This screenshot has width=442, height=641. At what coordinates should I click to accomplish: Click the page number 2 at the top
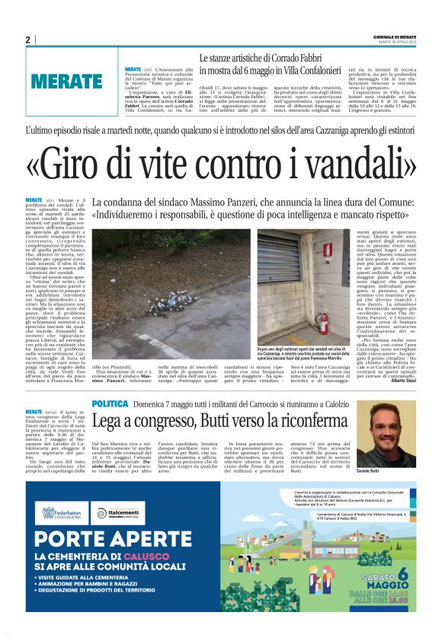click(x=27, y=40)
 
